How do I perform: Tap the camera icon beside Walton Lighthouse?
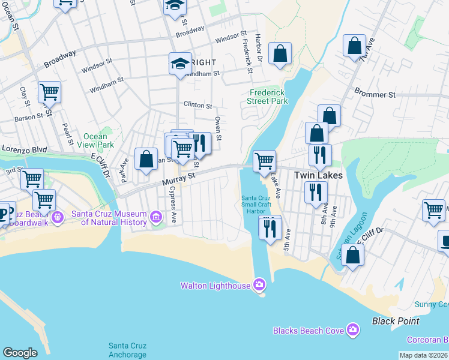pyautogui.click(x=259, y=284)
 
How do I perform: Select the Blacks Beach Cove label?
pyautogui.click(x=309, y=331)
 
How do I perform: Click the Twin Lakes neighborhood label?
pyautogui.click(x=318, y=175)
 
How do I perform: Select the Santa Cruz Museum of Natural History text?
pyautogui.click(x=109, y=218)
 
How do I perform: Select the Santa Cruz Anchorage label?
pyautogui.click(x=127, y=349)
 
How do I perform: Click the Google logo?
pyautogui.click(x=20, y=353)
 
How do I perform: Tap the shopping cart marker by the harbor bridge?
pyautogui.click(x=264, y=161)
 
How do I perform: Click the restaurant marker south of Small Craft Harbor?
pyautogui.click(x=270, y=227)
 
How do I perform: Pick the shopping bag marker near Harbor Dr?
pyautogui.click(x=280, y=53)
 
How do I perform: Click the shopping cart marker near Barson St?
pyautogui.click(x=49, y=92)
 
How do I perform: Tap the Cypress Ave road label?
pyautogui.click(x=173, y=203)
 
